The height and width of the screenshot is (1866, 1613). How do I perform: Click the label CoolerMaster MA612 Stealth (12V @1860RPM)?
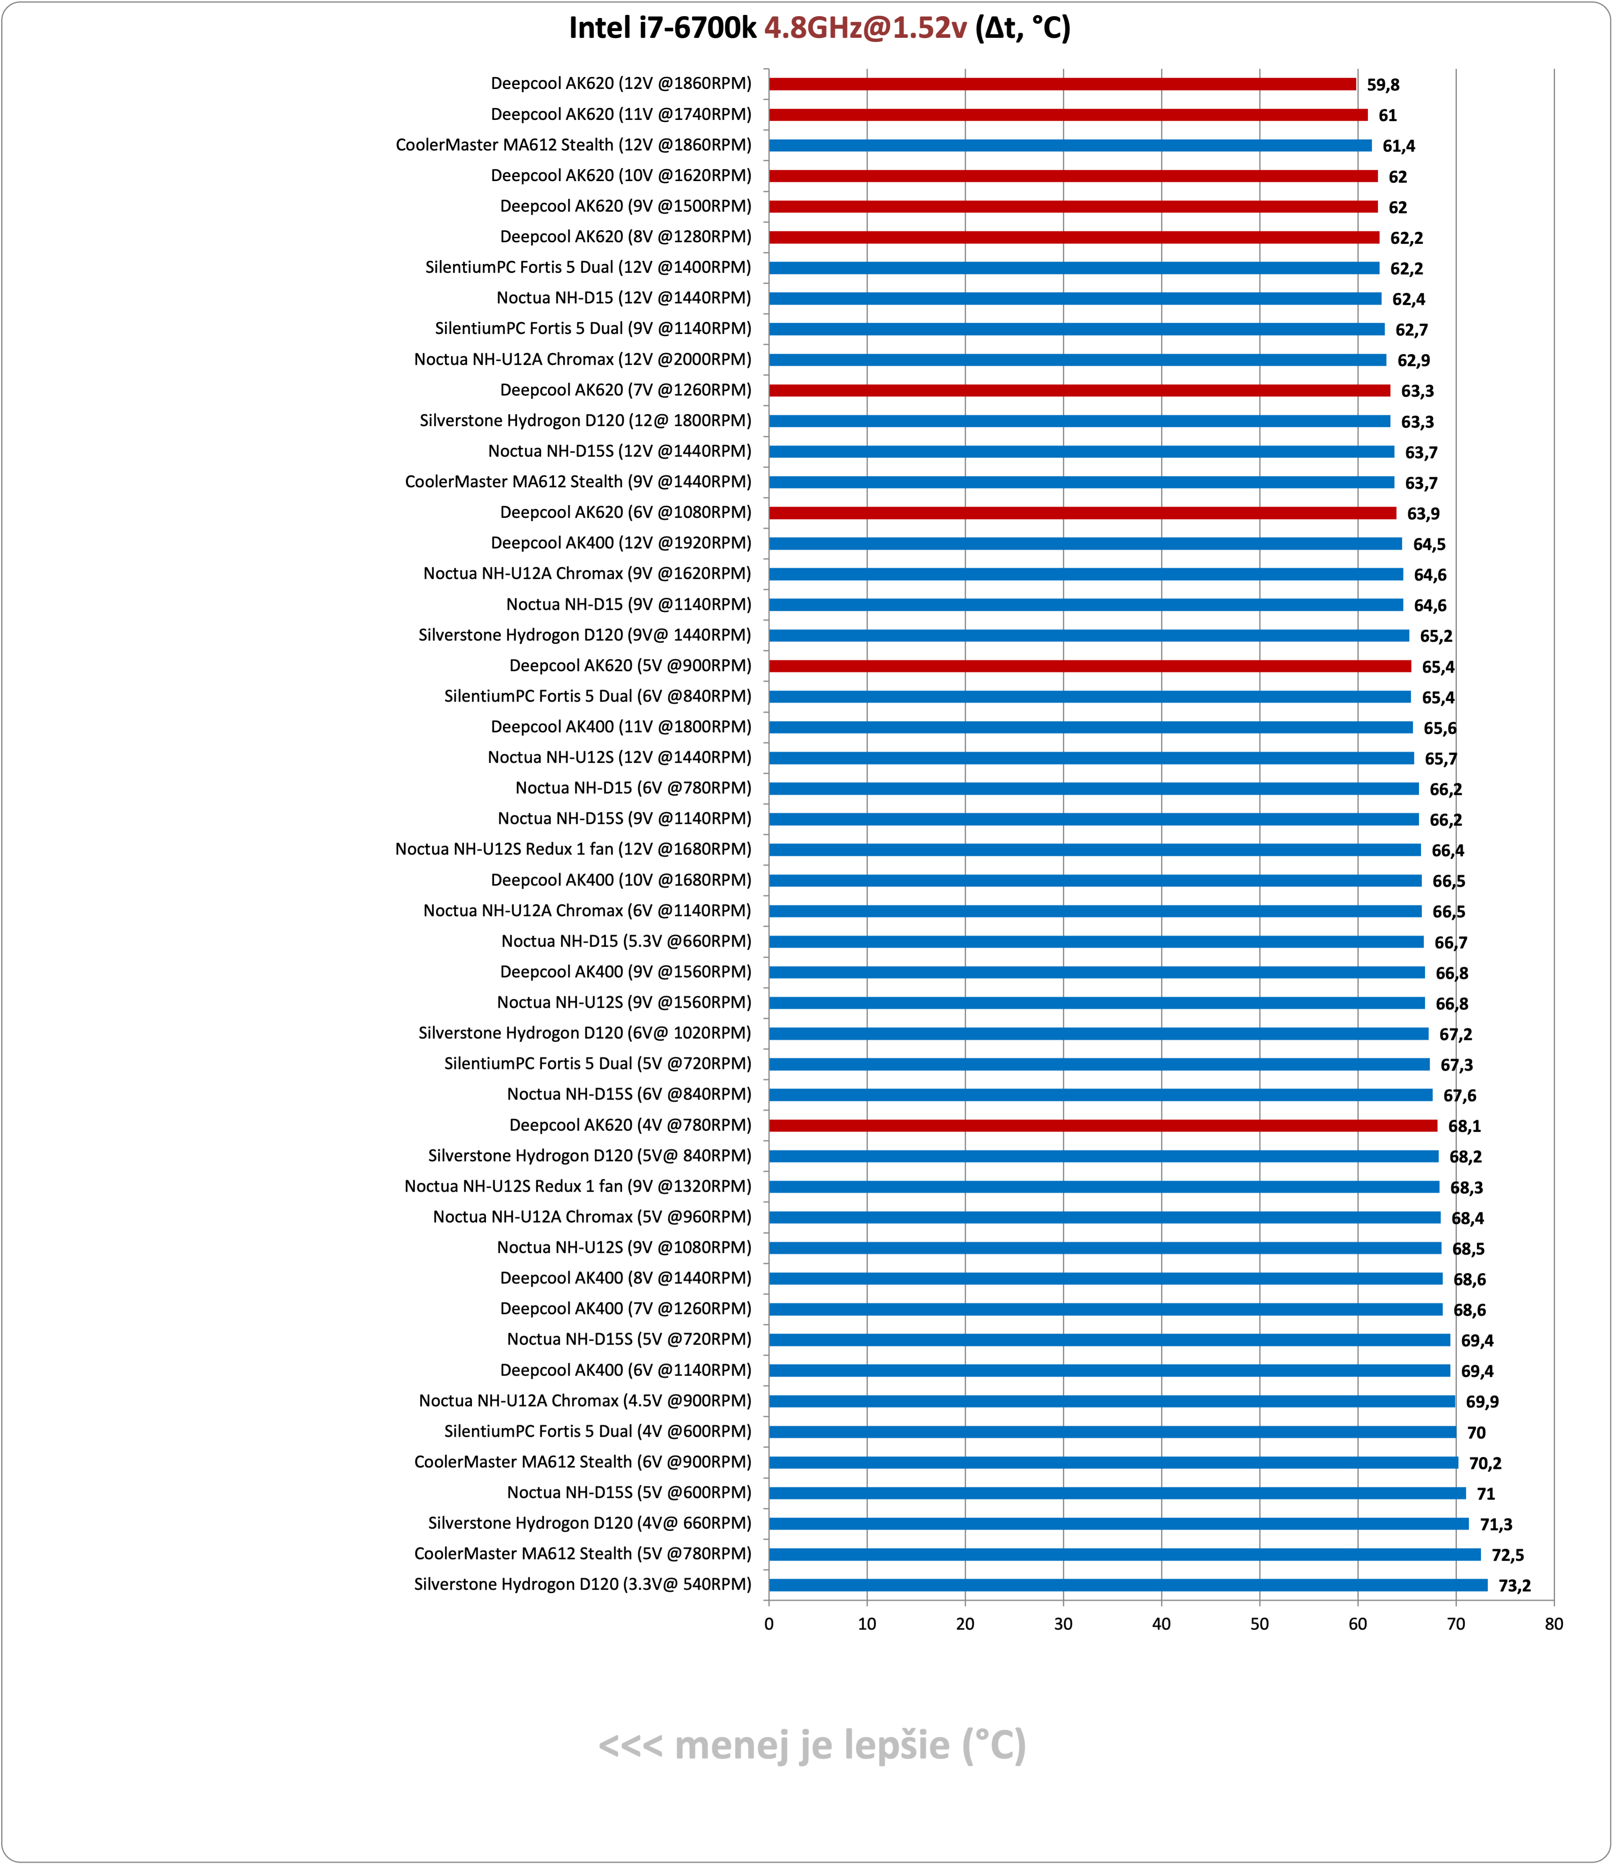573,145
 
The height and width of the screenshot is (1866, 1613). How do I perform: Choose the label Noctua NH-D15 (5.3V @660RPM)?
626,941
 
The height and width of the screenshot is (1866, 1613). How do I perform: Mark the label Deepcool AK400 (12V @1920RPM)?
621,543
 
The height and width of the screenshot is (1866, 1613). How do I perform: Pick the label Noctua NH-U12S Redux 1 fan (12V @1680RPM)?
573,849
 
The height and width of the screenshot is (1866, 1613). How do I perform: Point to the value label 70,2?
1485,1463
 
